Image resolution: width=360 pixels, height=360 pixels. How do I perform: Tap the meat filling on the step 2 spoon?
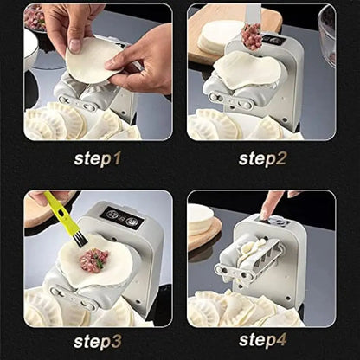(x=252, y=35)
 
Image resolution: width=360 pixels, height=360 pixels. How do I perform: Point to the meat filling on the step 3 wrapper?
(x=93, y=260)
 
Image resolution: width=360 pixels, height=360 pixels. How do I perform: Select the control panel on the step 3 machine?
(x=120, y=215)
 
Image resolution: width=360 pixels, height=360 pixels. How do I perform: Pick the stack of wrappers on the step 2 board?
(x=218, y=36)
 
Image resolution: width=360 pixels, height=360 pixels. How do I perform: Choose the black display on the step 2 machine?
(x=273, y=41)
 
